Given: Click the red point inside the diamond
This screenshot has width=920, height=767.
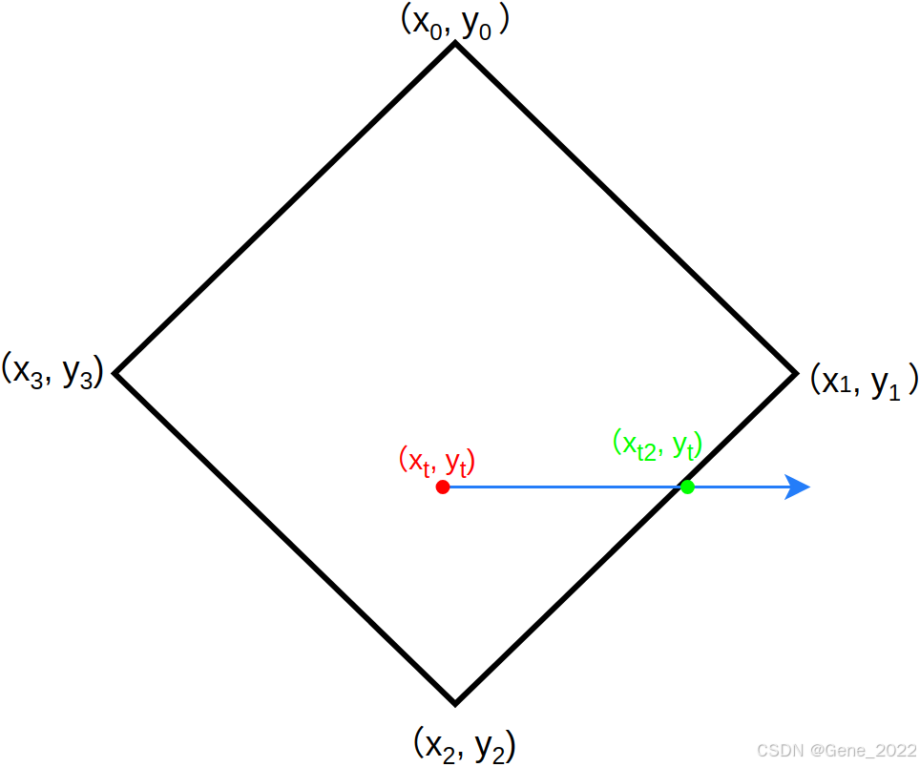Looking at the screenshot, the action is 443,487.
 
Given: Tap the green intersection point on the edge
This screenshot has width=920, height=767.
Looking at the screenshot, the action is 687,487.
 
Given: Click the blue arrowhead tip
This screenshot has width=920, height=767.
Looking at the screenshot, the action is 808,487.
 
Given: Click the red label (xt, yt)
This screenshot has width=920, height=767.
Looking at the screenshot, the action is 437,462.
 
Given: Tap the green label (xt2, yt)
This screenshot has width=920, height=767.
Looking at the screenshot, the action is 658,444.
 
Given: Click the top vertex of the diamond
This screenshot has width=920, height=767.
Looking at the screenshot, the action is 454,44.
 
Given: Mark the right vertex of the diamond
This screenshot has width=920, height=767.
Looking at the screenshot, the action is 795,373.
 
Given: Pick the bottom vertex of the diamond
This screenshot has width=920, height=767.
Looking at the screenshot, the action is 455,704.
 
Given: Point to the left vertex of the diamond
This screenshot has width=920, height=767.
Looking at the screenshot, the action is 115,373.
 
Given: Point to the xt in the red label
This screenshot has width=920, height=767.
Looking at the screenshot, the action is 418,462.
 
